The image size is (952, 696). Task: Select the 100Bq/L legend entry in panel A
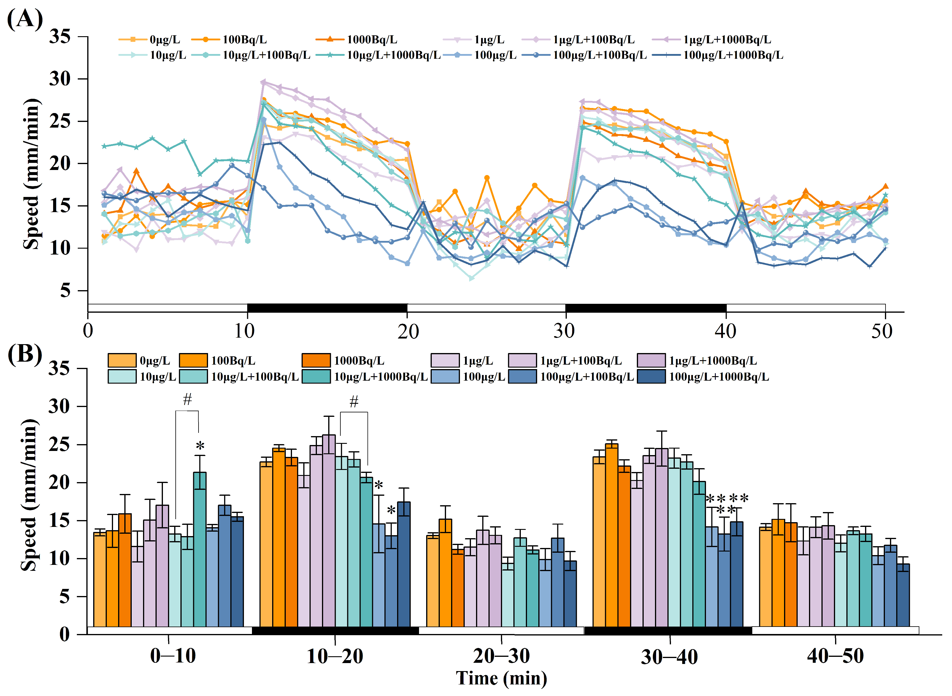pyautogui.click(x=229, y=39)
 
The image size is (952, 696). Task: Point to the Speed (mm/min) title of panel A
pyautogui.click(x=31, y=174)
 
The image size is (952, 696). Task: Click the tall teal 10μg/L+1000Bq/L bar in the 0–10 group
pyautogui.click(x=200, y=549)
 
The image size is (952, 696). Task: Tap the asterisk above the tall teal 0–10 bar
pyautogui.click(x=200, y=445)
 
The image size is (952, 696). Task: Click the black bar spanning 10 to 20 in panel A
pyautogui.click(x=327, y=308)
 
